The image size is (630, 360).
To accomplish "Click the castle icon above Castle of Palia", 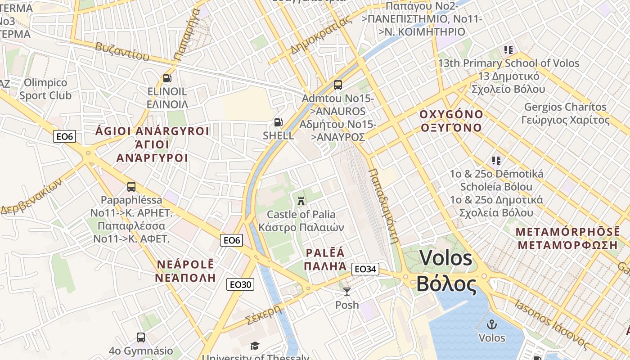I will (x=301, y=200).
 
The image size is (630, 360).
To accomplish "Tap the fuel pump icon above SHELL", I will (x=279, y=122).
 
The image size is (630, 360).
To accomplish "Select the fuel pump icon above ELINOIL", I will (x=167, y=78).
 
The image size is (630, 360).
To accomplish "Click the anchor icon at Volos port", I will (x=492, y=324).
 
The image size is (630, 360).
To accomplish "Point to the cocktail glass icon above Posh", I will (x=347, y=292).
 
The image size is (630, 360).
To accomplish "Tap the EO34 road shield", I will (x=365, y=269).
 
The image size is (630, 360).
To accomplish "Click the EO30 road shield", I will (x=241, y=284).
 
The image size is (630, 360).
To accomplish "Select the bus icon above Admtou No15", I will (x=337, y=85).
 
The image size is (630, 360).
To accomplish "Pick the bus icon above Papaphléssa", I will (x=131, y=186).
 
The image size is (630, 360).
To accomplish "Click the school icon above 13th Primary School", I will (x=508, y=50).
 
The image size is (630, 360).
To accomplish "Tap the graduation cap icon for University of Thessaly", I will (x=255, y=346).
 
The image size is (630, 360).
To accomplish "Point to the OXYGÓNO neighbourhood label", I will (x=451, y=121).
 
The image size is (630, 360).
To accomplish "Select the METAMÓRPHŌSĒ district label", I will (x=567, y=238).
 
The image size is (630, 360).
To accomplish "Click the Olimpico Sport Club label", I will (x=45, y=89).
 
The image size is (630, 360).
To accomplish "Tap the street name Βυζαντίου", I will (x=121, y=51).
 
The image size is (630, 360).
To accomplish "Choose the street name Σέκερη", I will (x=264, y=315).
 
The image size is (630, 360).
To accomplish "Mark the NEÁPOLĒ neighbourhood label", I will (x=185, y=270).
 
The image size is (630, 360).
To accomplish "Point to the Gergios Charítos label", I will (x=566, y=113).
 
